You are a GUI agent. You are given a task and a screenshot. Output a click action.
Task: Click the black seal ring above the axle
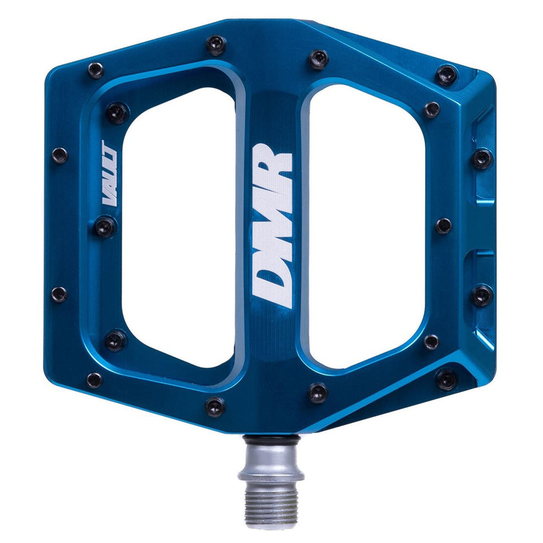point(271,439)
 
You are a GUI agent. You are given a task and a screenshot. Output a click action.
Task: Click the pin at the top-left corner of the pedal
point(95,70)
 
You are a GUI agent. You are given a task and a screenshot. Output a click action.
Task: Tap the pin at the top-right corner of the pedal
point(446,75)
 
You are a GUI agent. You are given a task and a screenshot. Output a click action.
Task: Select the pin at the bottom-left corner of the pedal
point(94,380)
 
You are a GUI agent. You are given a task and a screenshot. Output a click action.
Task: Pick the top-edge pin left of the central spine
point(215,45)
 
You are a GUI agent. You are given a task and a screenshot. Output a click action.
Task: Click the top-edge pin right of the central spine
point(318,59)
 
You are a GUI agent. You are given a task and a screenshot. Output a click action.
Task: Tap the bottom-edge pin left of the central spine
point(215,407)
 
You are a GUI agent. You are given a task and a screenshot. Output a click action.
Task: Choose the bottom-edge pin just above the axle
point(318,393)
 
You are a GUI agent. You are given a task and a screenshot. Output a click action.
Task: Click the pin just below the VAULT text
point(105,227)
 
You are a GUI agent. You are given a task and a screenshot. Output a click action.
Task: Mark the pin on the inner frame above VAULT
point(117,113)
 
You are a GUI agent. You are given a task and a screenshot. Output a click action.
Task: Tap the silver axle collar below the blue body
point(271,463)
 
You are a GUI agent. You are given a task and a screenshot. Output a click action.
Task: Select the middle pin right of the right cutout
point(444,226)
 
